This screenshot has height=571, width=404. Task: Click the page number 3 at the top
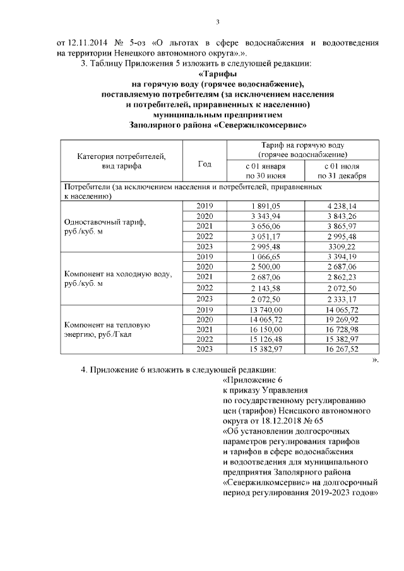pos(217,23)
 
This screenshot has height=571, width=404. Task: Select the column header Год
pos(205,163)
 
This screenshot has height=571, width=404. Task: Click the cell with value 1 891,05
pos(265,206)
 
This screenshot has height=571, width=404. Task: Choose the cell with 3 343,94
pos(265,216)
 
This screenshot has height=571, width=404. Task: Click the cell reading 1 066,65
pos(265,257)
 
